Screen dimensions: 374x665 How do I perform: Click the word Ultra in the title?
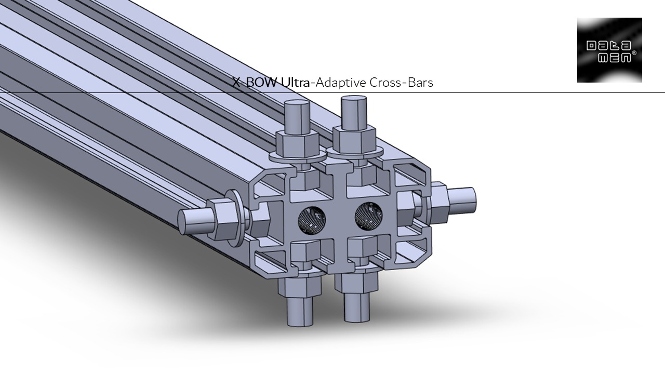click(296, 82)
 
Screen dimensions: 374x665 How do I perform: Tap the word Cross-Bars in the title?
click(401, 82)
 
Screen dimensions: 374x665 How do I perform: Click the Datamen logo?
click(609, 50)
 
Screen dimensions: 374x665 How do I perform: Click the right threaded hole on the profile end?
click(368, 216)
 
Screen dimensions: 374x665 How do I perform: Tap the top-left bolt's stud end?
click(298, 115)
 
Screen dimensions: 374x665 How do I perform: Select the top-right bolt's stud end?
click(355, 111)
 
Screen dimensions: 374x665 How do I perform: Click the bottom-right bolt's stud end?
click(357, 308)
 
